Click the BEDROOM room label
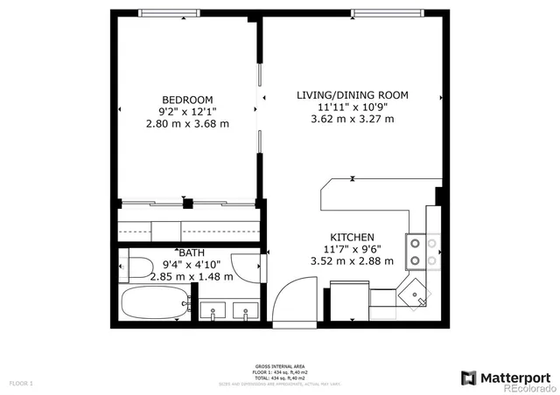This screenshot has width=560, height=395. tap(187, 99)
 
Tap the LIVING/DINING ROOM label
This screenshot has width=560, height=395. tap(353, 94)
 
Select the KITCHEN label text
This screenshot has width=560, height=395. tap(353, 237)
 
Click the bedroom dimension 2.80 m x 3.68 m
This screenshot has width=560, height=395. tap(187, 124)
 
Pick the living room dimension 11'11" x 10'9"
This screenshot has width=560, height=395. tap(353, 107)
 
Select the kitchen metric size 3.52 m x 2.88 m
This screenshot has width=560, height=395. tap(353, 260)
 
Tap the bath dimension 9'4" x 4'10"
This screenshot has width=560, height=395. tap(191, 264)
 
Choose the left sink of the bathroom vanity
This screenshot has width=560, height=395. tap(213, 309)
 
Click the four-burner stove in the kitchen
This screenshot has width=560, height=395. tap(424, 250)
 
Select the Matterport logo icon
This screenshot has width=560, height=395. tap(469, 378)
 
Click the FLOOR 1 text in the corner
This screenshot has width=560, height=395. tap(21, 383)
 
